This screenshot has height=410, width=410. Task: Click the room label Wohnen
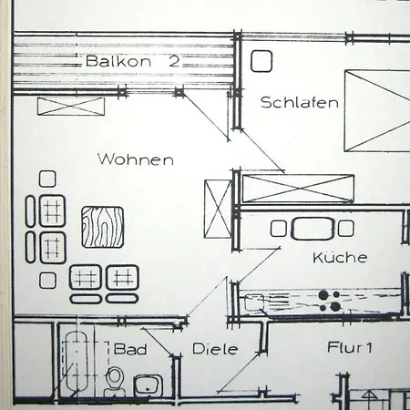coord(136,159)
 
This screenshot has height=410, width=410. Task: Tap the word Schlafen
coord(300,102)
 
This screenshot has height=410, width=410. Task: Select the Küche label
coord(340,258)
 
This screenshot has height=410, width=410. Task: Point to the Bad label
coord(130,349)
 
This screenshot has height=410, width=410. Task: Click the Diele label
coord(215,349)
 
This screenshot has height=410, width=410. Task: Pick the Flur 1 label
coord(349,347)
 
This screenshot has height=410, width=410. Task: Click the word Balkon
coord(118,61)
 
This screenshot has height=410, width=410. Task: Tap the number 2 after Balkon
coord(174,61)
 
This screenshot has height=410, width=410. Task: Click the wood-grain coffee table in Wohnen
coord(103,227)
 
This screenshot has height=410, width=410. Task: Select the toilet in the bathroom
coord(115,381)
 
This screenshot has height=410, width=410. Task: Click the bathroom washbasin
coord(148,385)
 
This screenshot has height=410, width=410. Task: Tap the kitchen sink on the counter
coord(254,302)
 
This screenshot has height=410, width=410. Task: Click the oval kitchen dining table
coord(313,229)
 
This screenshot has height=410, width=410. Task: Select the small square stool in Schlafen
coord(261,61)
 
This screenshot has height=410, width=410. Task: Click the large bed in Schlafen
coord(377,111)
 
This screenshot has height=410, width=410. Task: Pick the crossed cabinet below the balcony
coord(71,107)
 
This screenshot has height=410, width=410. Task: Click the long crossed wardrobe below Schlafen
coord(298,189)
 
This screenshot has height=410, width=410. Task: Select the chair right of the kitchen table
coord(346,229)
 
